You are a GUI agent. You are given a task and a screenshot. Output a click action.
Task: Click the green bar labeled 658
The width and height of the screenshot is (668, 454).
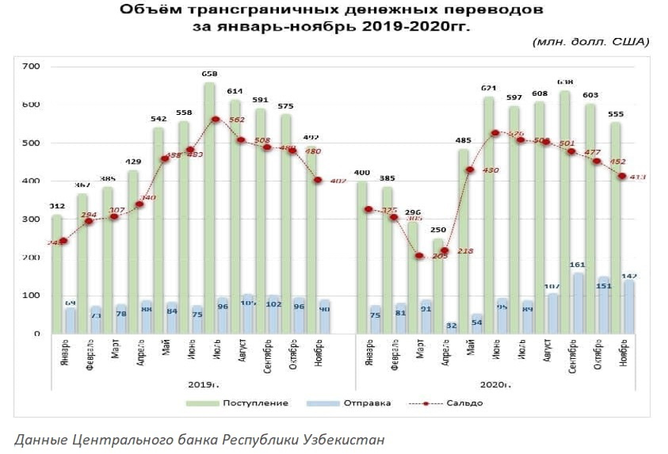pyautogui.click(x=209, y=205)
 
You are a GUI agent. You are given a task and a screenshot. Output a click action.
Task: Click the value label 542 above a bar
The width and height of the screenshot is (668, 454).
pyautogui.click(x=159, y=119)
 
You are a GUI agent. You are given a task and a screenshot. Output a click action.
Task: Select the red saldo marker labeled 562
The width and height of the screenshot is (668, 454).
pyautogui.click(x=216, y=119)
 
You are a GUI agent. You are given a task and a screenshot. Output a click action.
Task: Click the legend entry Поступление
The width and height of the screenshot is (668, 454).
pyautogui.click(x=255, y=402)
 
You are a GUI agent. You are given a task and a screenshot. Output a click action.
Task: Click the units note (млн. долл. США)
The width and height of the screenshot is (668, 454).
pyautogui.click(x=591, y=43)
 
